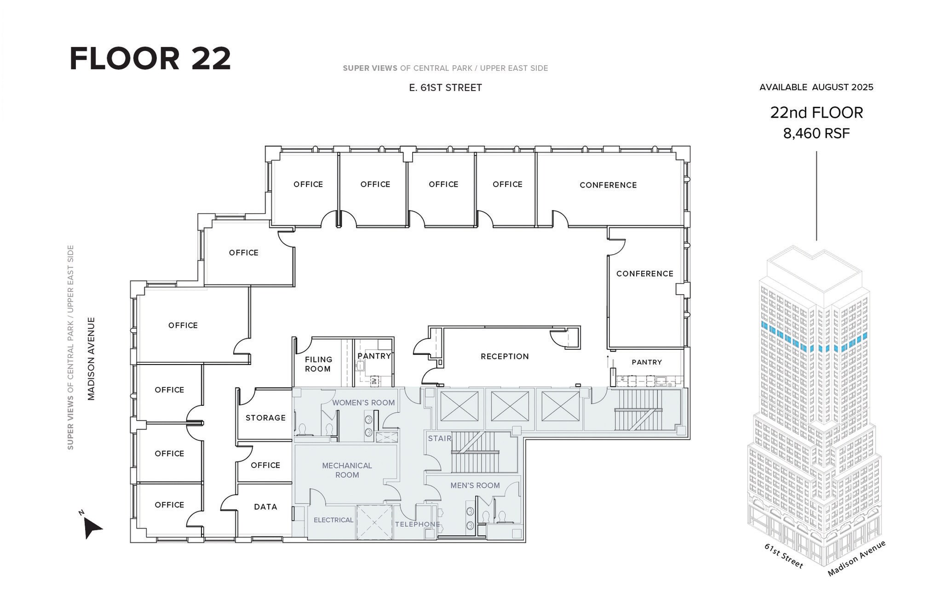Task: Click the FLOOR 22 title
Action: pyautogui.click(x=150, y=58)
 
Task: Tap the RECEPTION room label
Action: pyautogui.click(x=505, y=356)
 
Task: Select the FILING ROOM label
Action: pyautogui.click(x=318, y=364)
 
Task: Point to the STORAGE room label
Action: pyautogui.click(x=265, y=418)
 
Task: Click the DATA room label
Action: pyautogui.click(x=265, y=507)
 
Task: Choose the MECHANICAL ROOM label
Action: pyautogui.click(x=347, y=470)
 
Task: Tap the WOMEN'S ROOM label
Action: pyautogui.click(x=363, y=403)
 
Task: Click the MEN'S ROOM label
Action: pyautogui.click(x=475, y=485)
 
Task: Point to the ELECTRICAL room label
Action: pyautogui.click(x=333, y=520)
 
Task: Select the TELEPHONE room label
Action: pyautogui.click(x=417, y=524)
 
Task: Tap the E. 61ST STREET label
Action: pyautogui.click(x=445, y=87)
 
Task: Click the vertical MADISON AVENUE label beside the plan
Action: pyautogui.click(x=91, y=359)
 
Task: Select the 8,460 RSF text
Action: pyautogui.click(x=816, y=133)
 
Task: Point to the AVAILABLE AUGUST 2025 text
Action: pyautogui.click(x=816, y=87)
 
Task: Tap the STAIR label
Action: pyautogui.click(x=440, y=438)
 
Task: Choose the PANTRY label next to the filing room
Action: pyautogui.click(x=374, y=356)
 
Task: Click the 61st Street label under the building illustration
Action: pyautogui.click(x=784, y=556)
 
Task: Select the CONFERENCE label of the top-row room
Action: pyautogui.click(x=608, y=185)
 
